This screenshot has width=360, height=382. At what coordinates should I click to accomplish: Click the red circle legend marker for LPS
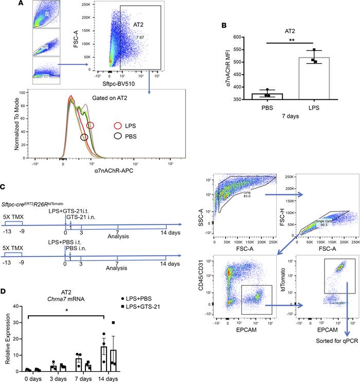click(x=90, y=125)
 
